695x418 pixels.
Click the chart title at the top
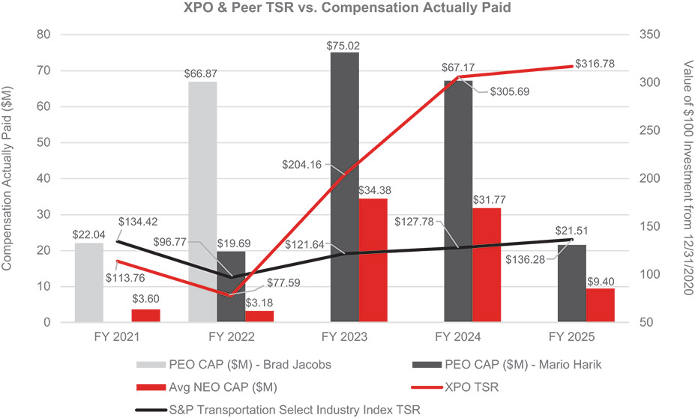[347, 10]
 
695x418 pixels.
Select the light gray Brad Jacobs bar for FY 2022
[202, 202]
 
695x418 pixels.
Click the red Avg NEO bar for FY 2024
[487, 265]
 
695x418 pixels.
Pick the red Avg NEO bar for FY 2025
[600, 306]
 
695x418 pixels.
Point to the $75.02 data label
[343, 46]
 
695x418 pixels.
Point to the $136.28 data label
[529, 260]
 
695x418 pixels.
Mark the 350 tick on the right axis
[651, 34]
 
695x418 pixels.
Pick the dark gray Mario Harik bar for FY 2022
[231, 287]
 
